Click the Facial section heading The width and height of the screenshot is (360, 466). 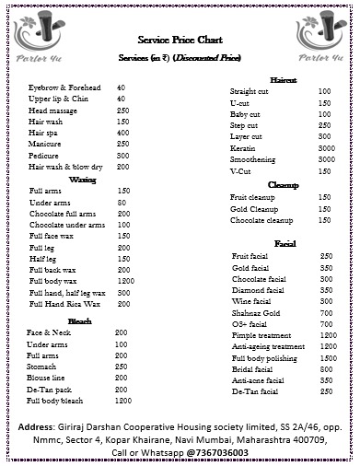point(285,243)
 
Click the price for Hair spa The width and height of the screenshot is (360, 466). point(122,133)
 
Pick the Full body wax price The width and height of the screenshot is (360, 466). point(126,280)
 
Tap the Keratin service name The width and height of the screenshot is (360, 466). point(243,147)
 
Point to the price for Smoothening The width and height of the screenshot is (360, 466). point(326,158)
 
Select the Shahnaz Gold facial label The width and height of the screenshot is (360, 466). point(257,312)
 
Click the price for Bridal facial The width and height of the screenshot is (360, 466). point(326,368)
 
